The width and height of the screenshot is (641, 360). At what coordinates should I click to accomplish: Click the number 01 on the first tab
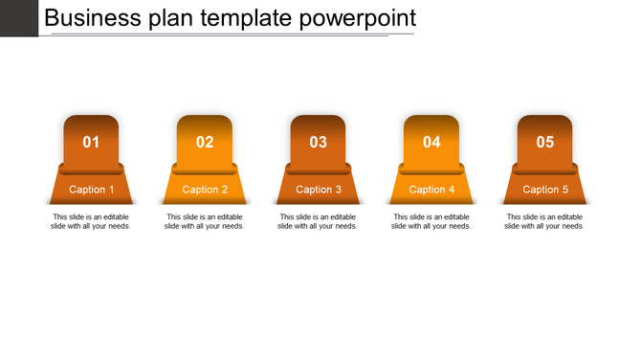coord(91,143)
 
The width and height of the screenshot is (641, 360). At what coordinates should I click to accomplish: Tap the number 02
coord(205,143)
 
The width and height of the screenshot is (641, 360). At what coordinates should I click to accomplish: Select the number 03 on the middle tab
coord(319,143)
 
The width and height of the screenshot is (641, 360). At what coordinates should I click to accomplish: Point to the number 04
coord(431,143)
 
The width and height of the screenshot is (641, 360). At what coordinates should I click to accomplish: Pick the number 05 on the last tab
coord(545,143)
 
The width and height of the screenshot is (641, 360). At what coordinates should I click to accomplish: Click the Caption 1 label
coord(92,190)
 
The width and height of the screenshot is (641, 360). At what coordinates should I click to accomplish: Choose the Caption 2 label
coord(205,190)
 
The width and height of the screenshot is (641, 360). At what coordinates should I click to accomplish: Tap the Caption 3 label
coord(319,190)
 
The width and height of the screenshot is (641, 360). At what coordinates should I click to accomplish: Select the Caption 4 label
coord(431,190)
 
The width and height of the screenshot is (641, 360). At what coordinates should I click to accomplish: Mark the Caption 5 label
coord(545,190)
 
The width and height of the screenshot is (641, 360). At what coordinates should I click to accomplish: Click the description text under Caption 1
coord(91,221)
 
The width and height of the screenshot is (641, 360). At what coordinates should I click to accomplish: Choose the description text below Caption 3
coord(319,221)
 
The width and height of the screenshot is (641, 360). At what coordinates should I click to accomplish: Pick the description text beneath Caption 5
coord(545,221)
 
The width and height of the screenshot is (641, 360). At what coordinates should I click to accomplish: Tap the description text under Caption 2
coord(205,221)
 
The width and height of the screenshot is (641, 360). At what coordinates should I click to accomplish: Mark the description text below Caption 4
coord(431,221)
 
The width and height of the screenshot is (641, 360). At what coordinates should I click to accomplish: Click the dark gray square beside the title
coord(18,17)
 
